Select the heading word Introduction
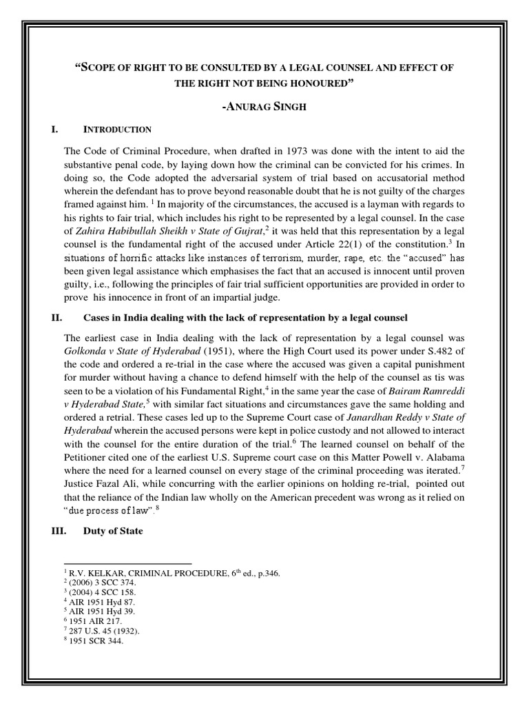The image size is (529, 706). tap(117, 129)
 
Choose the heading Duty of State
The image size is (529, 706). tap(113, 551)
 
